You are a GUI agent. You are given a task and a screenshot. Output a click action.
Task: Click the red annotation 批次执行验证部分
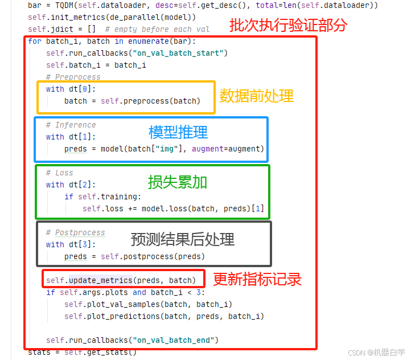(x=287, y=26)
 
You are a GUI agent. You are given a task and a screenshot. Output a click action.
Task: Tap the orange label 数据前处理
(x=257, y=95)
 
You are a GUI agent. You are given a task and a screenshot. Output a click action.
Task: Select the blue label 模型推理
(x=178, y=132)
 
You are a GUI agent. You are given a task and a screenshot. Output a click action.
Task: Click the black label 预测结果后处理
(x=183, y=239)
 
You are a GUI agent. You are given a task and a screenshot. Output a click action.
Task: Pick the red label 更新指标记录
(x=257, y=279)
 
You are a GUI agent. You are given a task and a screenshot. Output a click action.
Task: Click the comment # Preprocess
(x=73, y=77)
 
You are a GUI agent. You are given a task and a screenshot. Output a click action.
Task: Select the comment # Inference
(x=71, y=125)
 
